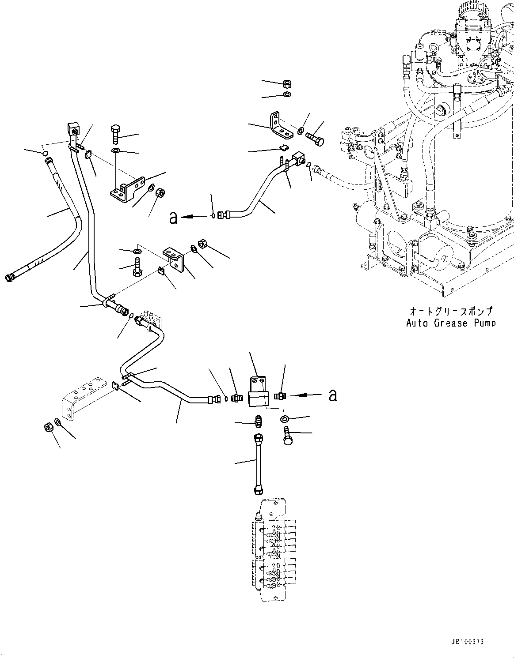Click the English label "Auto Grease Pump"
tap(450, 323)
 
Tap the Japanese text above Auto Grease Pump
tap(450, 312)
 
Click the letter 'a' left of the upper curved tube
tap(173, 217)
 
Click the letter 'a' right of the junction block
tap(333, 395)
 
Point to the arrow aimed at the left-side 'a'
tap(194, 216)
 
